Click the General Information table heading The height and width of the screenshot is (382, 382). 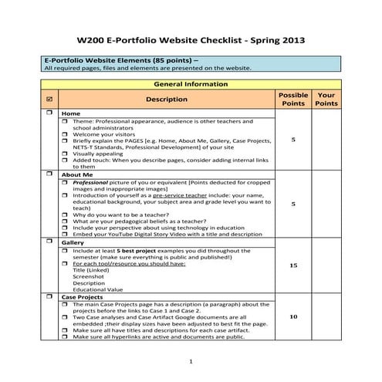coord(191,83)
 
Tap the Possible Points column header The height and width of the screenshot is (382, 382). coord(293,99)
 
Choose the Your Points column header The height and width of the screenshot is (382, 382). coord(326,99)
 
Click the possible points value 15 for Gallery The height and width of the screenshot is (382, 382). coord(293,265)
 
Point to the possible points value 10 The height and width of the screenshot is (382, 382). coord(293,316)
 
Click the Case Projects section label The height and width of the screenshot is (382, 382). coord(83,296)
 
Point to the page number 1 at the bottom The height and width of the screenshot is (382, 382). coord(191,361)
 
